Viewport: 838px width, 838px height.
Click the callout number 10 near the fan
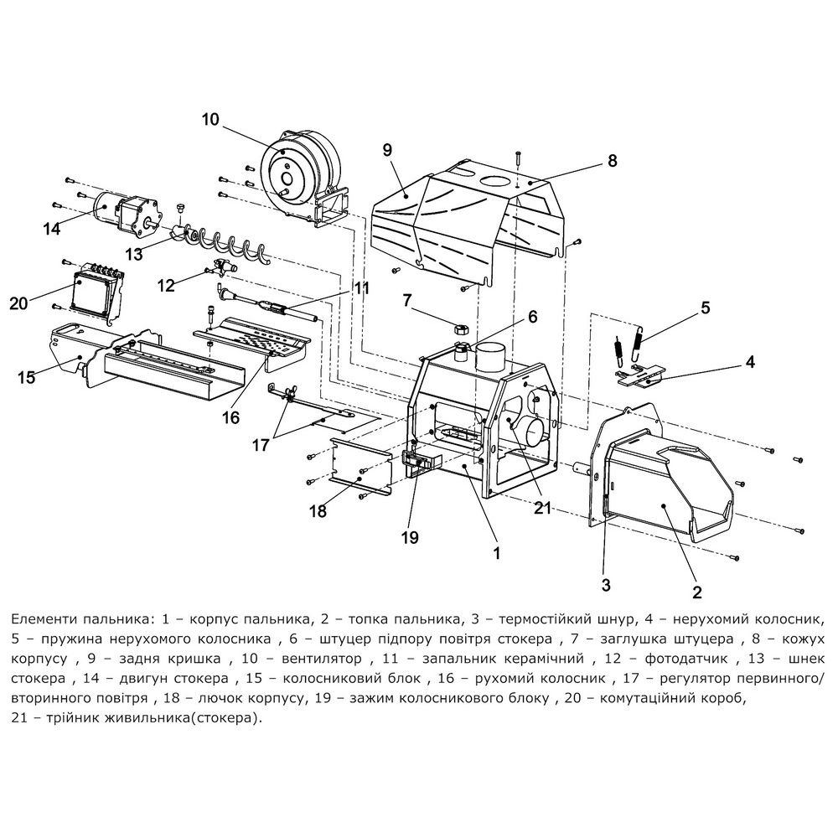[x=209, y=119]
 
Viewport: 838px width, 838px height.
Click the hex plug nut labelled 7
[x=460, y=329]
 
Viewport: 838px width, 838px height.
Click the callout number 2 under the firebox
[x=696, y=592]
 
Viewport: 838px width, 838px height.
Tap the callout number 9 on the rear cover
[x=386, y=149]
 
